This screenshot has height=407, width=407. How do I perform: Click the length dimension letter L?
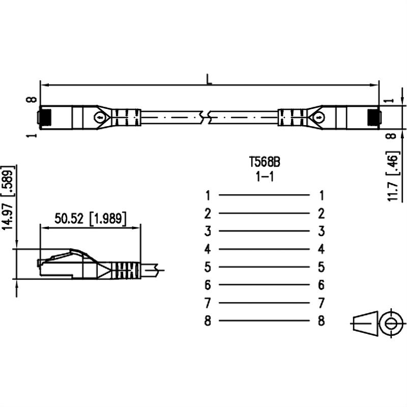click(x=209, y=79)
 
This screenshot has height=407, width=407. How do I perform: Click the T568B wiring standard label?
click(x=265, y=162)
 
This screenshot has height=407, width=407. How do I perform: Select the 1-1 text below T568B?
click(x=265, y=178)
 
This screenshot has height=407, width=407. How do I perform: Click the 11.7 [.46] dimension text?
click(x=392, y=176)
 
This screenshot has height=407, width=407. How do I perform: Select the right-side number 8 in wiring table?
click(x=321, y=321)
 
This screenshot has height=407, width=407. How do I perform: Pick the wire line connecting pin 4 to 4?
click(x=264, y=249)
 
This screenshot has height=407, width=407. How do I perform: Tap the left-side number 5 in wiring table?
click(x=208, y=267)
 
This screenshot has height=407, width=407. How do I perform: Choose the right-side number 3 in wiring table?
click(x=321, y=231)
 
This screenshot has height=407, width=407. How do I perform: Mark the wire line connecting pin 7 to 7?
click(x=264, y=303)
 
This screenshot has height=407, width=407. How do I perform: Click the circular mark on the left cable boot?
click(x=100, y=118)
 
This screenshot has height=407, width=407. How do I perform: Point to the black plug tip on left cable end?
click(x=45, y=117)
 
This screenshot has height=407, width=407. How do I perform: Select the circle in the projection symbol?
click(x=391, y=324)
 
